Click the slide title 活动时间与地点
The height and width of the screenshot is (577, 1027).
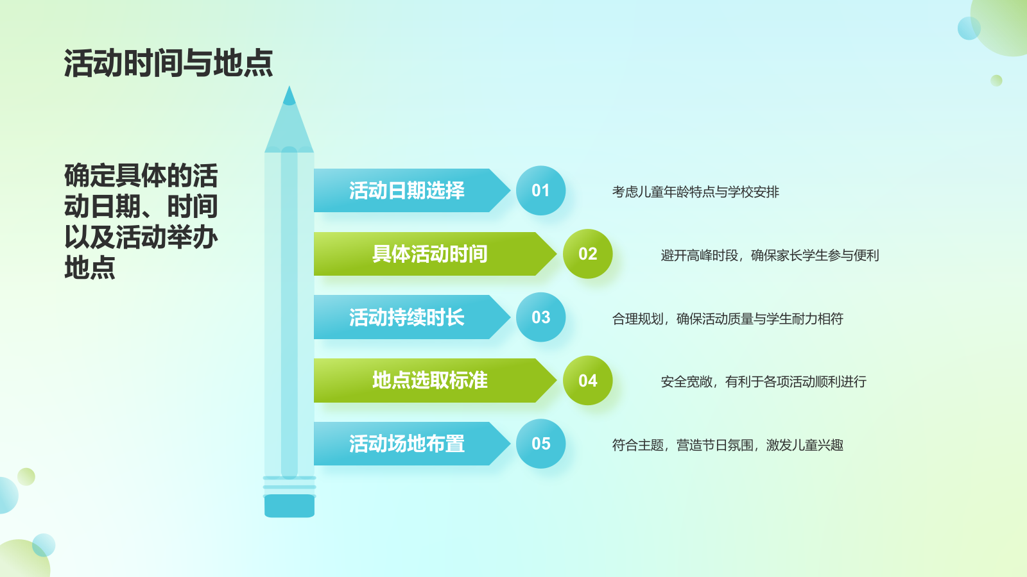[x=168, y=63]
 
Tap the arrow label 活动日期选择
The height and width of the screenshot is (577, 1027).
[x=407, y=190]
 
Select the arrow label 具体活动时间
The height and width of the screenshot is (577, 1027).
[x=429, y=254]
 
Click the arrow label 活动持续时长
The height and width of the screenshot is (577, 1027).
[x=407, y=317]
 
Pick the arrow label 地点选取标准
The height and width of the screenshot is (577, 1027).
[x=429, y=381]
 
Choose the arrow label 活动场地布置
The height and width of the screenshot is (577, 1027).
[x=407, y=444]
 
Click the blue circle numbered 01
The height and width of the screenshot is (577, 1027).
[x=540, y=190]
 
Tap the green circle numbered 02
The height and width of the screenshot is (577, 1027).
[x=588, y=254]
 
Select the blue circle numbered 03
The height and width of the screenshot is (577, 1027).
[x=540, y=317]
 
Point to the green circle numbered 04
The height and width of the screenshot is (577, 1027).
[x=588, y=381]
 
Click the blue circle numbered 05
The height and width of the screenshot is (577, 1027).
[x=540, y=444]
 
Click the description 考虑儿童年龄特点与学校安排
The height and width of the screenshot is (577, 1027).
[x=696, y=192]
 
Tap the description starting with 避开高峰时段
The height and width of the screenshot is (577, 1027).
[x=770, y=255]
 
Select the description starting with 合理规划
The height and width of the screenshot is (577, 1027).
[x=728, y=319]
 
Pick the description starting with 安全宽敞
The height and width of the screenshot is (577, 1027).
[x=763, y=382]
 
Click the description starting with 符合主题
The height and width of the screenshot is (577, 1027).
[x=728, y=445]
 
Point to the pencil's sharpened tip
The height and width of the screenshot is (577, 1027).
[x=289, y=87]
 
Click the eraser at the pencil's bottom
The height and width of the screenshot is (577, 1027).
[x=289, y=506]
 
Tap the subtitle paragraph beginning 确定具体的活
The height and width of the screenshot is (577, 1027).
[x=141, y=221]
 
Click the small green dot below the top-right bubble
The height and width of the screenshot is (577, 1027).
[x=996, y=81]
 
